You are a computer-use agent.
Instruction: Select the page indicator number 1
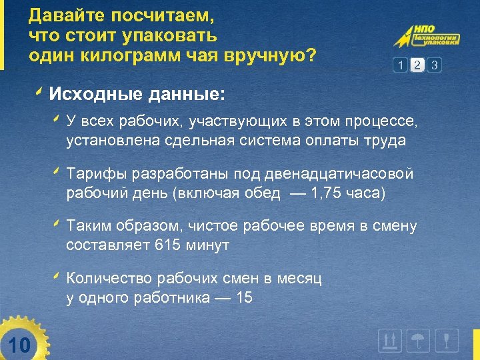(x=400, y=65)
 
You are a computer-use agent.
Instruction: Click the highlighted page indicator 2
(x=417, y=65)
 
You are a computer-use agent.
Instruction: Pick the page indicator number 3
(x=435, y=65)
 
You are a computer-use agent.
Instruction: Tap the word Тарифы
(x=94, y=174)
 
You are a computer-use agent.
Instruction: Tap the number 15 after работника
(x=244, y=298)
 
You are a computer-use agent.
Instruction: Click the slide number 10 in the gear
(x=20, y=345)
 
